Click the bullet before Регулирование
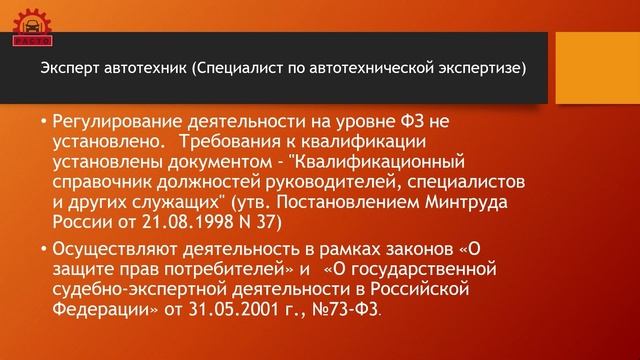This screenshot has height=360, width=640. tap(43, 123)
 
